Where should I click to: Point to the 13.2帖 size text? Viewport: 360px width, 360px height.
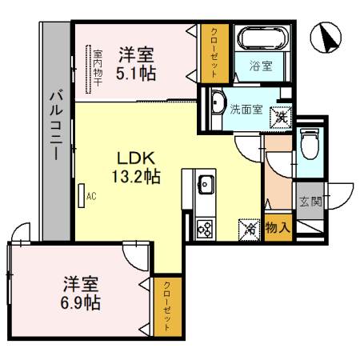click(136, 175)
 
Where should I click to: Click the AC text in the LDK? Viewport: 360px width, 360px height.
click(91, 195)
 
